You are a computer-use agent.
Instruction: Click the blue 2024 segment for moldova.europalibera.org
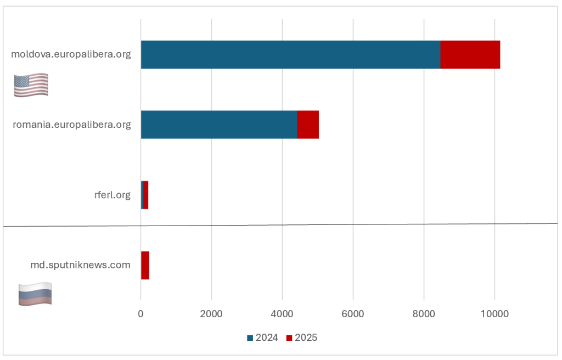tap(290, 54)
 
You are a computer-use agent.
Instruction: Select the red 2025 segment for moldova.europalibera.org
tap(470, 54)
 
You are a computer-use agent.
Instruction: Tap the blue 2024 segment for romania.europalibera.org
tap(218, 125)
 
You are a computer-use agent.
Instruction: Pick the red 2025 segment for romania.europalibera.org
tap(308, 125)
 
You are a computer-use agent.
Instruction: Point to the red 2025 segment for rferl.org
tap(146, 195)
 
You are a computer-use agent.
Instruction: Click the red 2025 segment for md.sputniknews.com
tap(145, 265)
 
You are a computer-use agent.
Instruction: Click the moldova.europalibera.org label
tap(71, 54)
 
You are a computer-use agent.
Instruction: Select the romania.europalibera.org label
tap(72, 125)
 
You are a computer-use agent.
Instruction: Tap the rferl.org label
tap(113, 195)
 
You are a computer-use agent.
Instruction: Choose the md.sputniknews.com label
tap(81, 265)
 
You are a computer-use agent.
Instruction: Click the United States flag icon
tap(31, 85)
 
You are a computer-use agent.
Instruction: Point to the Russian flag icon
tap(35, 294)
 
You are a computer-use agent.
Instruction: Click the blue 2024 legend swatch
tap(250, 338)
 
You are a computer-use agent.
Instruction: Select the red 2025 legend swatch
tap(289, 338)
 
